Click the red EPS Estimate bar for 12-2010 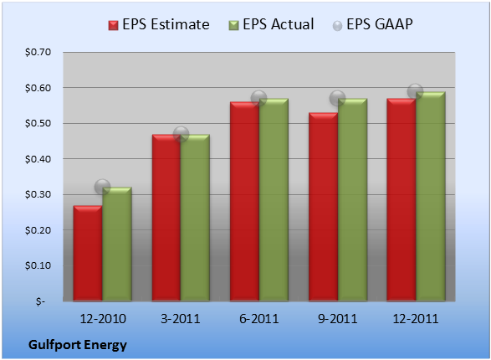click(88, 253)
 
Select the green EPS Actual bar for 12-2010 click(117, 244)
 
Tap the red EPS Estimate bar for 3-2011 click(166, 218)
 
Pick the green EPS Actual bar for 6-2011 click(274, 200)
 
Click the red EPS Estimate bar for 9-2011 click(323, 207)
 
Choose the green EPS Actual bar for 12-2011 click(431, 197)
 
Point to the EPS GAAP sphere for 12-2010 click(102, 187)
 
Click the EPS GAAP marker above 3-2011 click(181, 135)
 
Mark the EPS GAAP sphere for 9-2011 click(338, 99)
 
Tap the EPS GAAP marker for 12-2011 click(415, 91)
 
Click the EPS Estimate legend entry click(159, 24)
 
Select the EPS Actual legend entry click(271, 24)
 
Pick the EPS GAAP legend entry click(372, 24)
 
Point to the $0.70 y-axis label click(38, 52)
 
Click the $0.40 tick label click(38, 159)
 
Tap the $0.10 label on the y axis click(38, 265)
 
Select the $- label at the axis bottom click(40, 301)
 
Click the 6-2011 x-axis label click(259, 319)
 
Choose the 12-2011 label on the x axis click(415, 319)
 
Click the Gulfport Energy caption click(78, 345)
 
